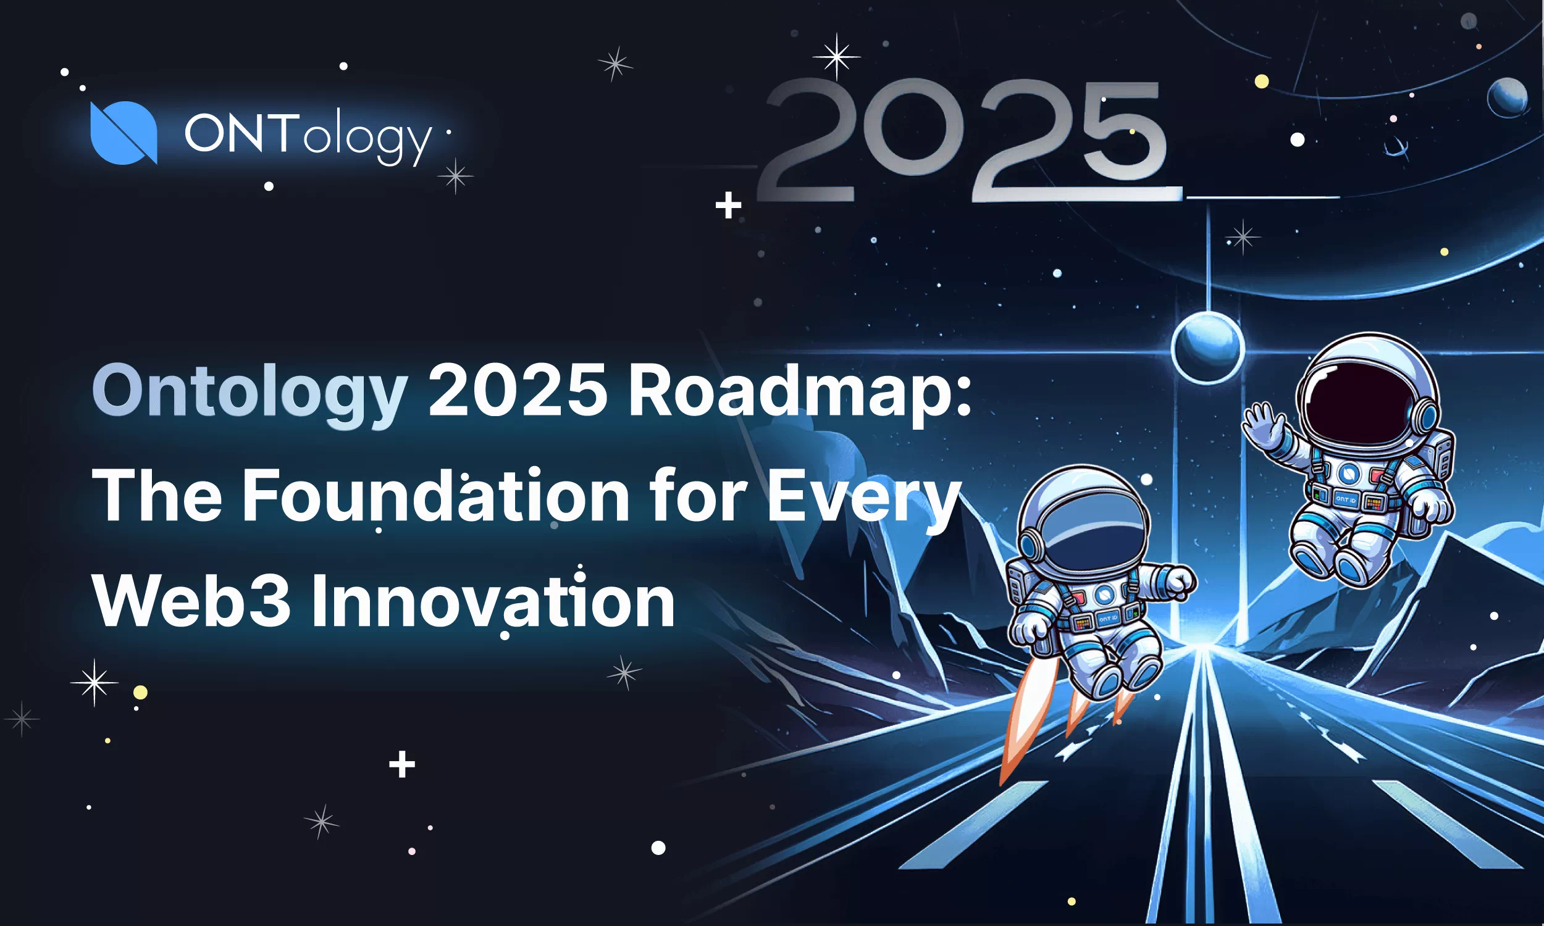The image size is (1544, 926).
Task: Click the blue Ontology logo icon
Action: point(124,132)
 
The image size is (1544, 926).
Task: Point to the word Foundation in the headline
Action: point(435,496)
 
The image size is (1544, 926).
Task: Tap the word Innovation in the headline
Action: point(493,601)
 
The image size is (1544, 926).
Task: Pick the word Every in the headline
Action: point(864,496)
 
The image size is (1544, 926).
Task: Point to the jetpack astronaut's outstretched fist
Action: point(1179,581)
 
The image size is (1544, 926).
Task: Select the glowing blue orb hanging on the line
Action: point(1207,348)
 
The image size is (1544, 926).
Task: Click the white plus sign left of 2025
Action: point(728,206)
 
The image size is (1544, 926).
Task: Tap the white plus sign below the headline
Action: point(402,764)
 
